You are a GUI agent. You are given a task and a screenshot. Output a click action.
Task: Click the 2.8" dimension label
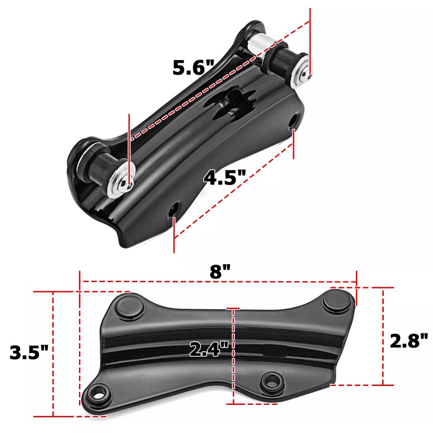pyautogui.click(x=409, y=340)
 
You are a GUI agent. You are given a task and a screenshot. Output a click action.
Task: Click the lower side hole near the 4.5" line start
pyautogui.click(x=175, y=209)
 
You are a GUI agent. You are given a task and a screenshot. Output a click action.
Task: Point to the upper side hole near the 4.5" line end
pyautogui.click(x=293, y=121)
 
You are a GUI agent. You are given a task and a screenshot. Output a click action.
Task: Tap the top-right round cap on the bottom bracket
pyautogui.click(x=336, y=301)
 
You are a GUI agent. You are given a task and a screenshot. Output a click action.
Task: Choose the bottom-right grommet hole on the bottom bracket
pyautogui.click(x=269, y=382)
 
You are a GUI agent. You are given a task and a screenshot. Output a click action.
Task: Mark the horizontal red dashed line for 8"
pyautogui.click(x=162, y=281)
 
